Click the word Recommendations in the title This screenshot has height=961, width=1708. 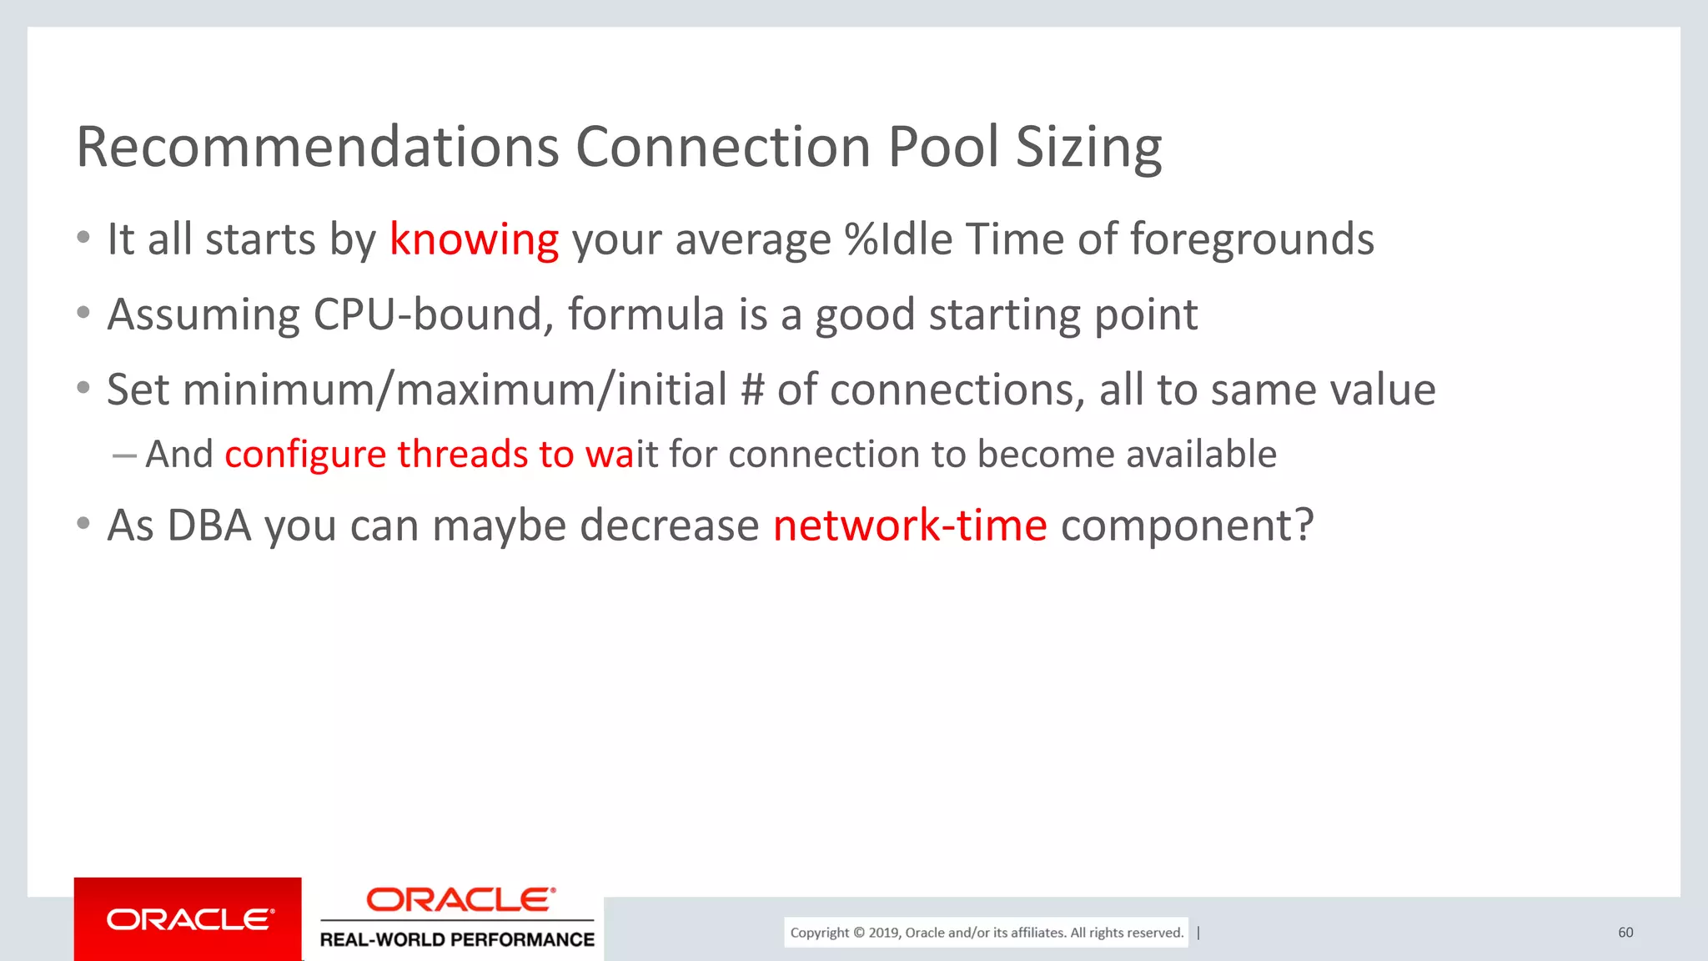point(318,147)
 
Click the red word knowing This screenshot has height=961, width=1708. point(474,240)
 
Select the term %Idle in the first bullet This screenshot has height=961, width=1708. point(898,239)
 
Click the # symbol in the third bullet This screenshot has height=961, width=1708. point(752,390)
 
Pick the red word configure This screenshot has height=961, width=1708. point(305,455)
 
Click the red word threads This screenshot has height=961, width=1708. point(463,455)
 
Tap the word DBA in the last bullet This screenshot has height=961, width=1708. point(208,526)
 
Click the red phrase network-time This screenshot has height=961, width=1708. point(910,526)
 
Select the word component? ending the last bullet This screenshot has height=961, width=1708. point(1187,526)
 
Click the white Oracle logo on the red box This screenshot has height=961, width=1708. point(189,919)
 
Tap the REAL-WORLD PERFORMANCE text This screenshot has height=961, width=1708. point(457,940)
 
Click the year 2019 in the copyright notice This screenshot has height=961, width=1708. point(883,933)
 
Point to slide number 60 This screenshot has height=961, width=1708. point(1625,933)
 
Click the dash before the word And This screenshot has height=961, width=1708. point(124,455)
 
